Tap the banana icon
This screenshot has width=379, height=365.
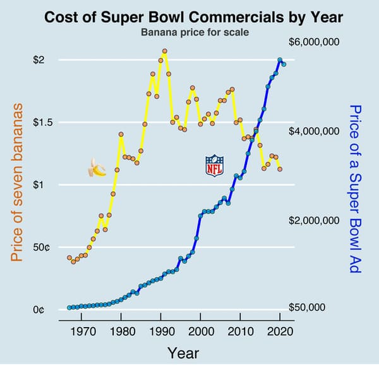click(x=97, y=168)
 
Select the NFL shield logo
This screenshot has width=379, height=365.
click(x=215, y=165)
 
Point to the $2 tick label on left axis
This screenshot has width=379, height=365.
click(x=39, y=60)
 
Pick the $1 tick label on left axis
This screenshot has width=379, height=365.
click(x=39, y=185)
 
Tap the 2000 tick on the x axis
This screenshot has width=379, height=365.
click(x=201, y=331)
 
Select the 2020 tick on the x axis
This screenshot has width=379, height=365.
click(x=280, y=331)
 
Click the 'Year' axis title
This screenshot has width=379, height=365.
click(x=183, y=352)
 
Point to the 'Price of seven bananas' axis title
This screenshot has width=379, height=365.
click(x=16, y=183)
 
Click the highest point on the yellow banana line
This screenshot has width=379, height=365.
click(x=164, y=51)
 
